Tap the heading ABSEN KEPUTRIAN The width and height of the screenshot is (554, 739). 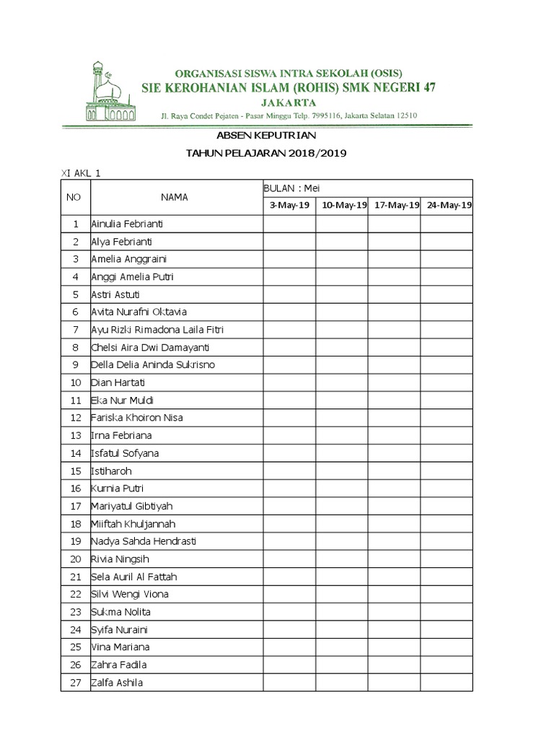point(267,136)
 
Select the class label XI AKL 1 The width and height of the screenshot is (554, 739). point(79,173)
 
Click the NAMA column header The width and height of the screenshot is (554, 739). point(175,197)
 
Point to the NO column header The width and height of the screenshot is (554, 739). point(74,197)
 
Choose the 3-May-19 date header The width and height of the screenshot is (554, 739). point(289,206)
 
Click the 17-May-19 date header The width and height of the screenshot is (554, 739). point(395,206)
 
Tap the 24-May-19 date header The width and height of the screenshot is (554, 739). point(447,206)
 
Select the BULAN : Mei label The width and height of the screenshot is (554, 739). point(291,188)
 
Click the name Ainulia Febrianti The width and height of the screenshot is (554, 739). point(127,224)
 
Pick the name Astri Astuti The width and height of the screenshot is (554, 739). point(115,294)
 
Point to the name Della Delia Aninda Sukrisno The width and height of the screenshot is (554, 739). point(153,365)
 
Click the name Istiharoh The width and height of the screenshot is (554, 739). point(111,471)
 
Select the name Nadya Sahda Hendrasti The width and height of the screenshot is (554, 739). point(144,541)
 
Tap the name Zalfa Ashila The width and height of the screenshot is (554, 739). point(117,682)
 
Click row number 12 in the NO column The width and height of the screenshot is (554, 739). point(75,418)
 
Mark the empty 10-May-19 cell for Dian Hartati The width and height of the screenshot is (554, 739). point(342,382)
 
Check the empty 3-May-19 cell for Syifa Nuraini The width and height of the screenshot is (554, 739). point(289,629)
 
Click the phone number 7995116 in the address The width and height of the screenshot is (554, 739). point(325,115)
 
